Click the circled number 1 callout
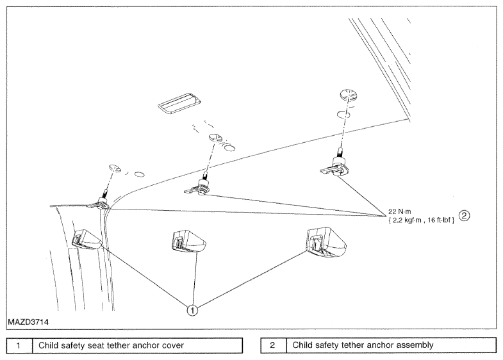point(192,310)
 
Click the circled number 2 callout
point(464,216)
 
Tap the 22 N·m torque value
point(399,211)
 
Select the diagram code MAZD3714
point(28,322)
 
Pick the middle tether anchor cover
point(189,241)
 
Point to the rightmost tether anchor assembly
point(335,165)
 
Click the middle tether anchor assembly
point(199,186)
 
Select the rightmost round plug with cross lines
point(349,95)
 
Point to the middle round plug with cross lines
point(216,138)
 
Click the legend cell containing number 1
point(19,345)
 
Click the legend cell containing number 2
point(273,345)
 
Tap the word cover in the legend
point(173,345)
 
